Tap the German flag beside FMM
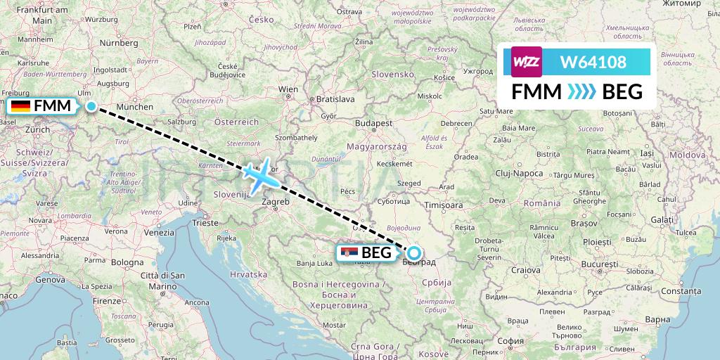20,106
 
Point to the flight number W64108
593,63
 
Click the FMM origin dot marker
91,106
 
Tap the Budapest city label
373,122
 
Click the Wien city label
288,90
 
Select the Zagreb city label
276,202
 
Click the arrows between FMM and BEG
581,92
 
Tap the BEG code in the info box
622,92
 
